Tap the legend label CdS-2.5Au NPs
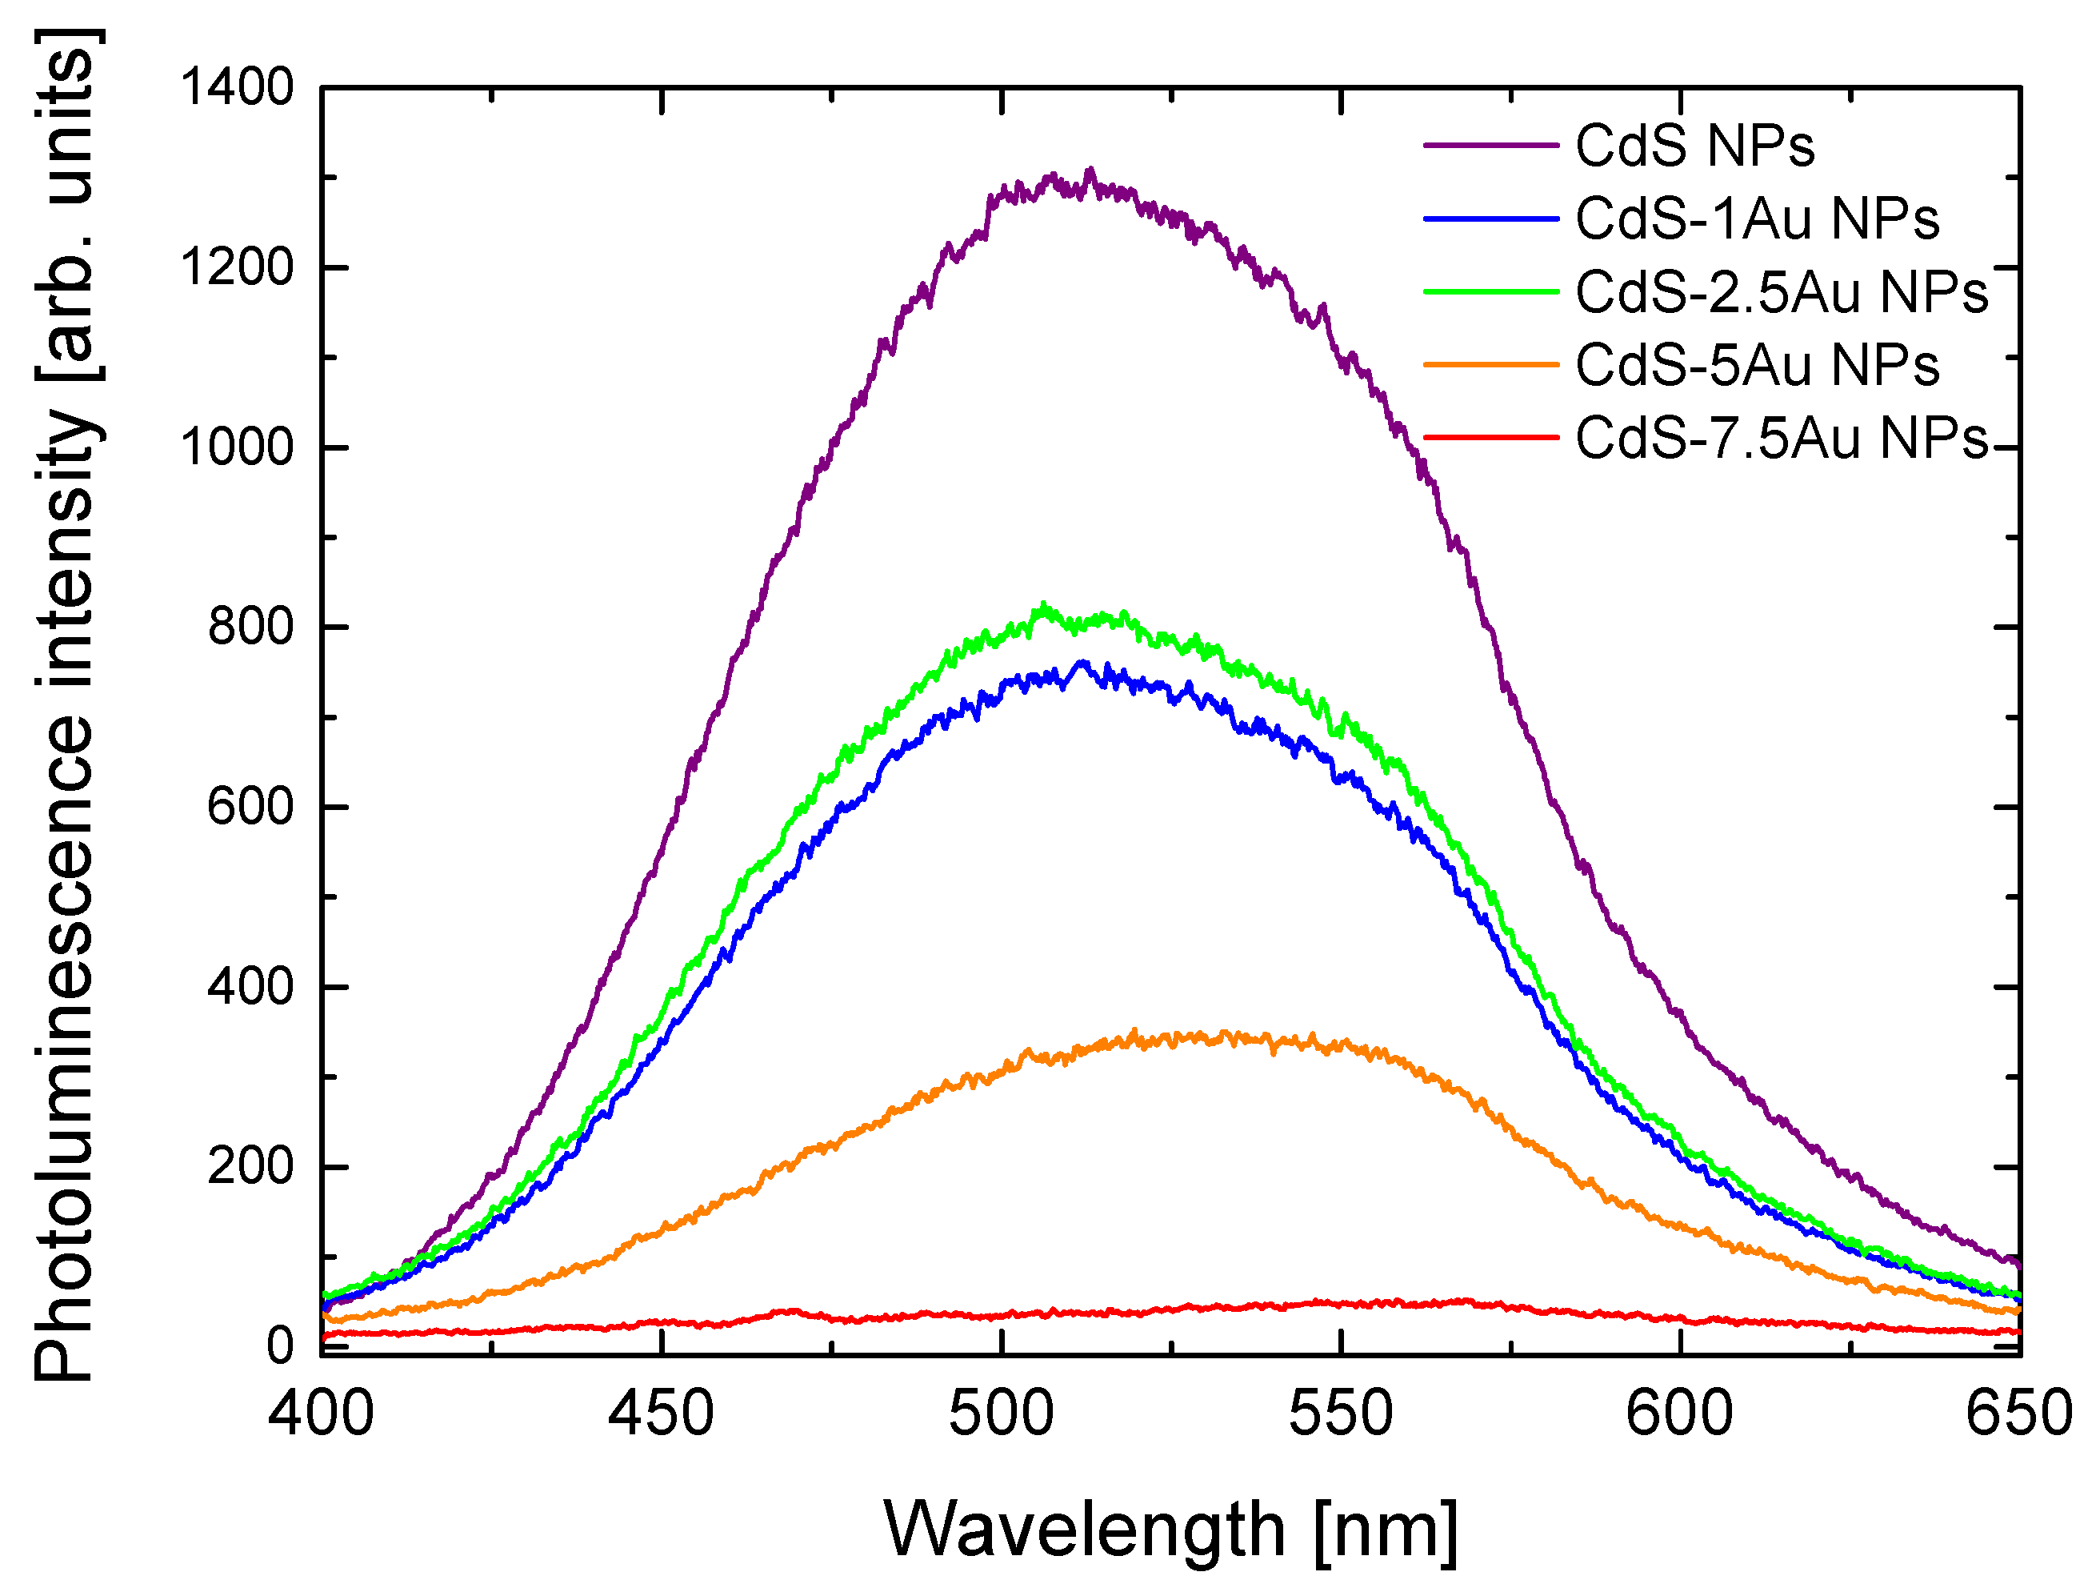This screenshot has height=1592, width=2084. (x=1781, y=292)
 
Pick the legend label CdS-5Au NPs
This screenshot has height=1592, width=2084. (x=1756, y=365)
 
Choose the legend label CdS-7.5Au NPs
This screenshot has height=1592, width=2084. (x=1781, y=438)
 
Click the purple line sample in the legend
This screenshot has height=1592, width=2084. (x=1490, y=146)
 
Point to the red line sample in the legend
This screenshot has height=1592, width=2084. (x=1490, y=438)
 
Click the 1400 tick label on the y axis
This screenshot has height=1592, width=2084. (x=237, y=87)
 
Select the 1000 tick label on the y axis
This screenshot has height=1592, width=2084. (x=237, y=447)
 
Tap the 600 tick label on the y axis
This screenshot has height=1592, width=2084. (x=250, y=807)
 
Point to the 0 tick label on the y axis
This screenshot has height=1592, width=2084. (x=279, y=1345)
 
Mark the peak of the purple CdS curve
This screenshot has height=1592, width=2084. (x=1090, y=170)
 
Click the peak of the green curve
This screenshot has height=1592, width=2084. (x=1043, y=604)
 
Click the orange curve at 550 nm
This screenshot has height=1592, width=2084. (x=1340, y=1045)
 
